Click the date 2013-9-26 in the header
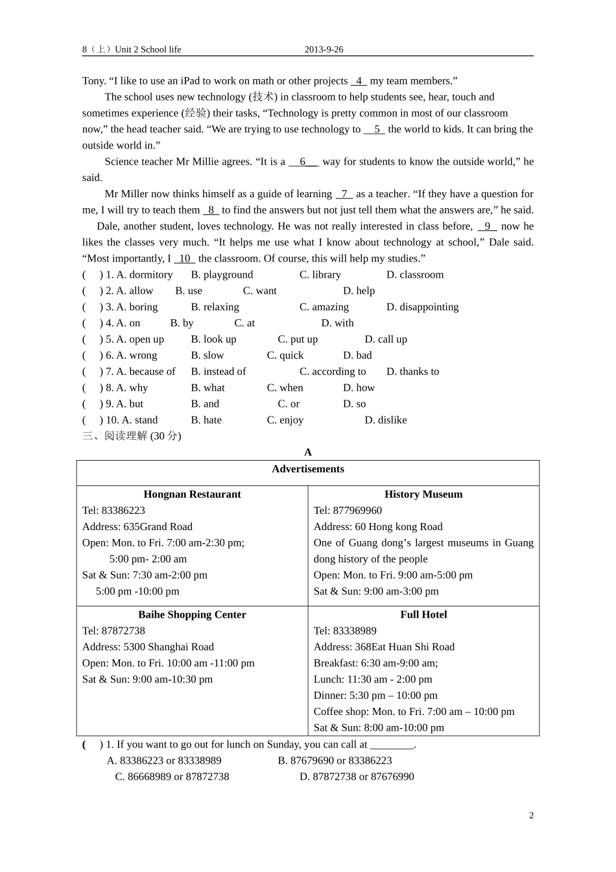(x=324, y=49)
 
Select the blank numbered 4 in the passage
(x=359, y=81)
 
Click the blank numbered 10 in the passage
(x=185, y=258)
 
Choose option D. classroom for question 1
(x=415, y=274)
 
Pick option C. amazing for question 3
(x=324, y=307)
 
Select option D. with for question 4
(x=337, y=323)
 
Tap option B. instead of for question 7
(x=219, y=372)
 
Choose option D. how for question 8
(x=359, y=388)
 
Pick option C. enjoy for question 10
(x=285, y=420)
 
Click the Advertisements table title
(x=308, y=469)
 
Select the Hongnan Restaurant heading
(x=192, y=494)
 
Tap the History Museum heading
(x=423, y=494)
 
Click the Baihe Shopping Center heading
(x=192, y=614)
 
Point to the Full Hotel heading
(x=423, y=614)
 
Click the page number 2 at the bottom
(x=532, y=816)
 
